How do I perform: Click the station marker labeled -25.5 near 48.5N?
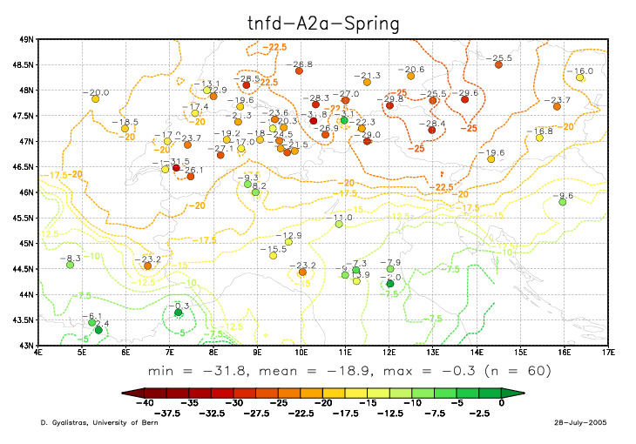pyautogui.click(x=498, y=64)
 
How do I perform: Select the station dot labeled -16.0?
pyautogui.click(x=579, y=77)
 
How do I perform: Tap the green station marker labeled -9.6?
pyautogui.click(x=563, y=202)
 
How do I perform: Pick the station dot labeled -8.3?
pyautogui.click(x=70, y=265)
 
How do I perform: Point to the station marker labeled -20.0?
pyautogui.click(x=95, y=99)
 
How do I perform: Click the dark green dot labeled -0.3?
pyautogui.click(x=178, y=312)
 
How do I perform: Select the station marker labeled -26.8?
pyautogui.click(x=299, y=71)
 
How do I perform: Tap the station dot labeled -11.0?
pyautogui.click(x=339, y=224)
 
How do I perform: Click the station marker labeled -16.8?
pyautogui.click(x=539, y=138)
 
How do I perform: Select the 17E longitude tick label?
pyautogui.click(x=608, y=353)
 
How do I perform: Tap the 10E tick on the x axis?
pyautogui.click(x=301, y=353)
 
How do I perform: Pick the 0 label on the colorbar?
pyautogui.click(x=502, y=403)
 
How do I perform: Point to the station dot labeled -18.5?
pyautogui.click(x=125, y=129)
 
